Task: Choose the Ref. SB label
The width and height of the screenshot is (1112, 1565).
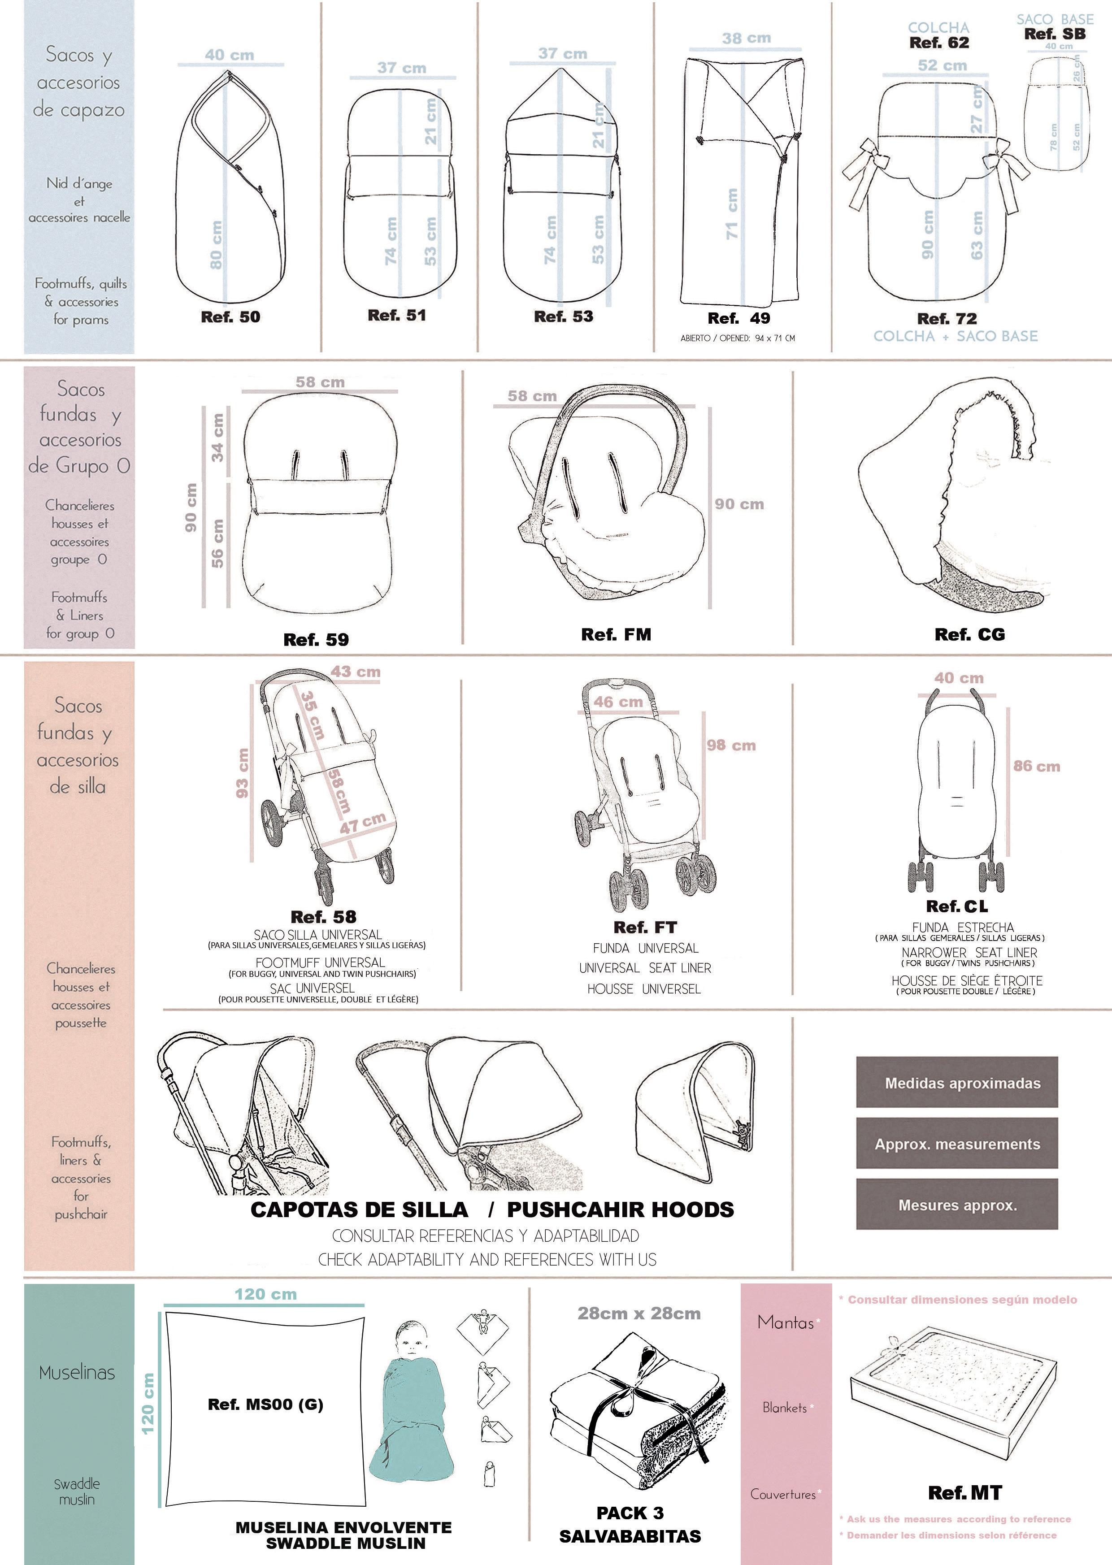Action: (1055, 34)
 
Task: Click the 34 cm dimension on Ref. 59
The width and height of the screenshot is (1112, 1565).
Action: (218, 438)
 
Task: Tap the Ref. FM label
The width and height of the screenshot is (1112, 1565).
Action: (616, 635)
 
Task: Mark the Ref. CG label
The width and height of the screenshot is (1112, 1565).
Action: (969, 635)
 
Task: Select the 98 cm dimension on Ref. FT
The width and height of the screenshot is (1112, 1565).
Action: (731, 746)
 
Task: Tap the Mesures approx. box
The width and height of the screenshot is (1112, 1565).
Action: (956, 1205)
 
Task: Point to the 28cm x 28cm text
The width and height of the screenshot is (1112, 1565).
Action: (639, 1313)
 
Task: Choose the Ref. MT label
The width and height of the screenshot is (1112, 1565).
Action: (965, 1493)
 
